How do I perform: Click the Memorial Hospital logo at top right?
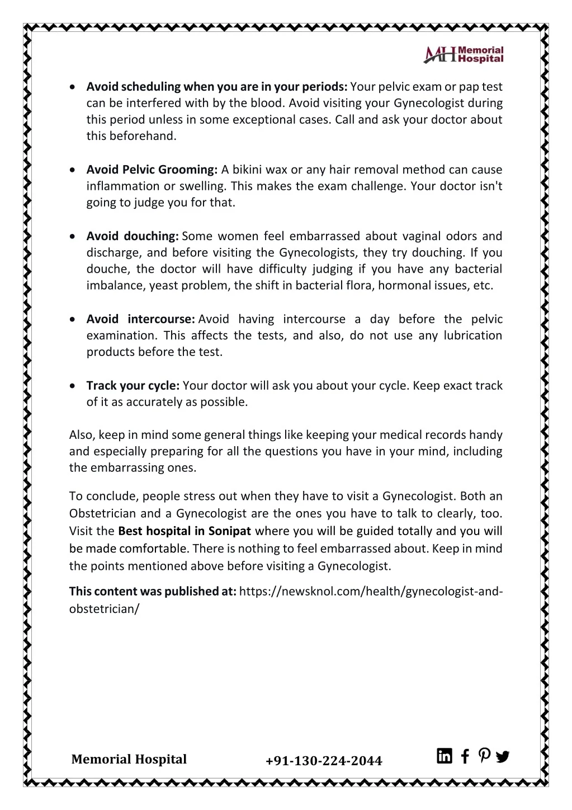tap(464, 54)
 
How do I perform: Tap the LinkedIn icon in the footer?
tap(445, 756)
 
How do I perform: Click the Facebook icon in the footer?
tap(465, 757)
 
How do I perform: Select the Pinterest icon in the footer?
tap(484, 756)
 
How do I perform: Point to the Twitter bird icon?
tap(502, 757)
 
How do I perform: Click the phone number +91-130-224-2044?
tap(324, 761)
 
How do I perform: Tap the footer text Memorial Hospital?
tap(129, 760)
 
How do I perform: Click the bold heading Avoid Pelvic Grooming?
tap(152, 170)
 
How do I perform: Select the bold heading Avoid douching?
tap(133, 236)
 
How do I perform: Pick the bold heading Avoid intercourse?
tap(140, 319)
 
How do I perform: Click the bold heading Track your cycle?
tap(133, 386)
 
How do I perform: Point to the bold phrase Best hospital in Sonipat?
tap(185, 531)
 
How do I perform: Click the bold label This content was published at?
tap(153, 591)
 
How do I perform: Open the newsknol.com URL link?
tap(371, 591)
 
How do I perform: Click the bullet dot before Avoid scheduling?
tap(74, 87)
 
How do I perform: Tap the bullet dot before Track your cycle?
tap(74, 386)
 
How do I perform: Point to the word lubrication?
tap(473, 335)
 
